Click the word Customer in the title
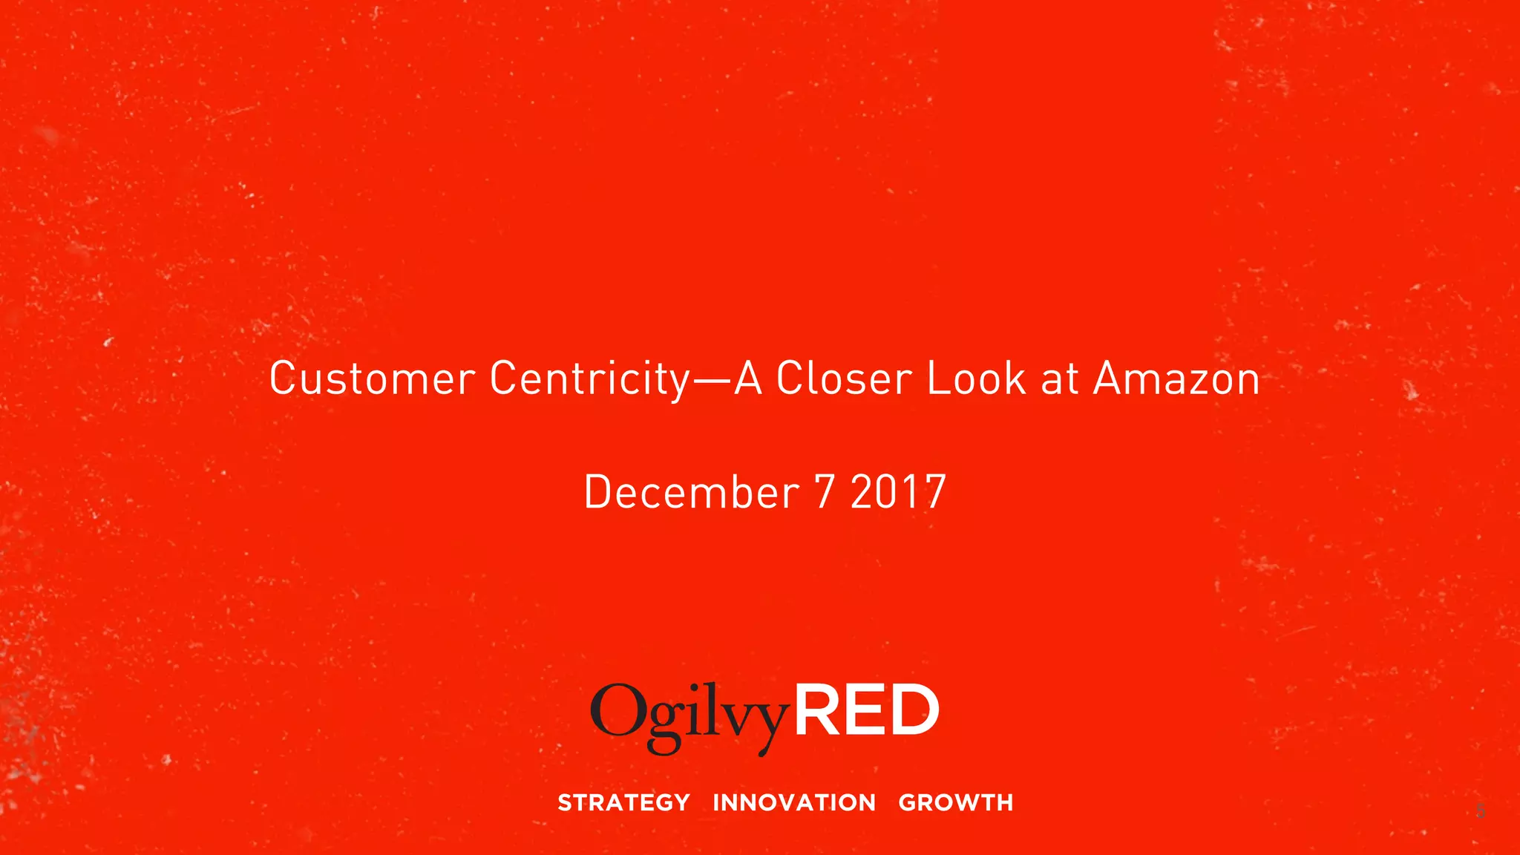tap(372, 379)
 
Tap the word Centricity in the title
tap(590, 379)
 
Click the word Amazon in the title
tap(1176, 379)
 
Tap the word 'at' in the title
tap(1060, 379)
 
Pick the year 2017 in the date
tap(898, 492)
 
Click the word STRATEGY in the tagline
tap(623, 802)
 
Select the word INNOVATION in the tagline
tap(794, 802)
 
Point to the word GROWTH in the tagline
tap(956, 802)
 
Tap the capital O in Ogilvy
tap(616, 710)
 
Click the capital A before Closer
tap(749, 379)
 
